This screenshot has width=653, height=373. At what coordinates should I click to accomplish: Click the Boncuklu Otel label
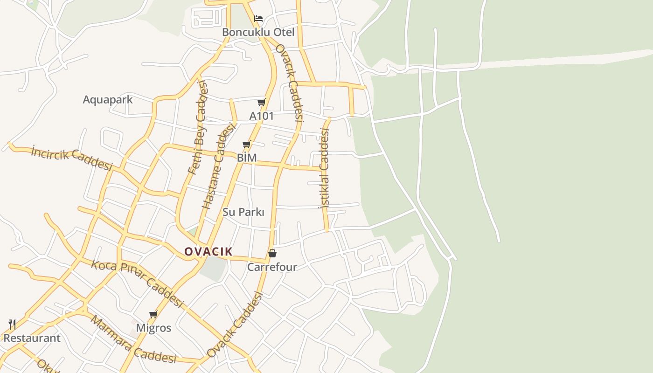258,32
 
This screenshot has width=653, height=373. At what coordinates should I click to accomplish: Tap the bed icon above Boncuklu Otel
258,19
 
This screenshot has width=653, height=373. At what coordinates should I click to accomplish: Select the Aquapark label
108,99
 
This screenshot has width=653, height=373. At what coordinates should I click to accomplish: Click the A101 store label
261,116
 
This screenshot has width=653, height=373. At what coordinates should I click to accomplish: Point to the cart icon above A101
261,102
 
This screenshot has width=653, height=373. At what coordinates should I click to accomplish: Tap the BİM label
247,158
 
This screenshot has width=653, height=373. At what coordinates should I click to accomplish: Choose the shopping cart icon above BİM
247,145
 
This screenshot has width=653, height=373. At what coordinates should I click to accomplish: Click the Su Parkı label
243,212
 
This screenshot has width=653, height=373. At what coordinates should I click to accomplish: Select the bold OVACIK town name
208,252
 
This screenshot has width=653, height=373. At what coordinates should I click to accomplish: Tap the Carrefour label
272,267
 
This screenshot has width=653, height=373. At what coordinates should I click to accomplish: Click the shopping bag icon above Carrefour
272,253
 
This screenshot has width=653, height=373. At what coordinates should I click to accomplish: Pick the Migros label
153,328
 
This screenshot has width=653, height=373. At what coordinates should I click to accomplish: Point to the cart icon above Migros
153,315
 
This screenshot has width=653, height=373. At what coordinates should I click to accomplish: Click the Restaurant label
32,338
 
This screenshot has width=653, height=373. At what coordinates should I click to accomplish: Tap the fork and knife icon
12,325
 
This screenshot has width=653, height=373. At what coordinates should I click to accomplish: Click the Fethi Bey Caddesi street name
197,127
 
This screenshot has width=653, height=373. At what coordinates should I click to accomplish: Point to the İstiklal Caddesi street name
324,168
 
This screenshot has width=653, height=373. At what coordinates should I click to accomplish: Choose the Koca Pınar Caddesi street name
137,283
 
